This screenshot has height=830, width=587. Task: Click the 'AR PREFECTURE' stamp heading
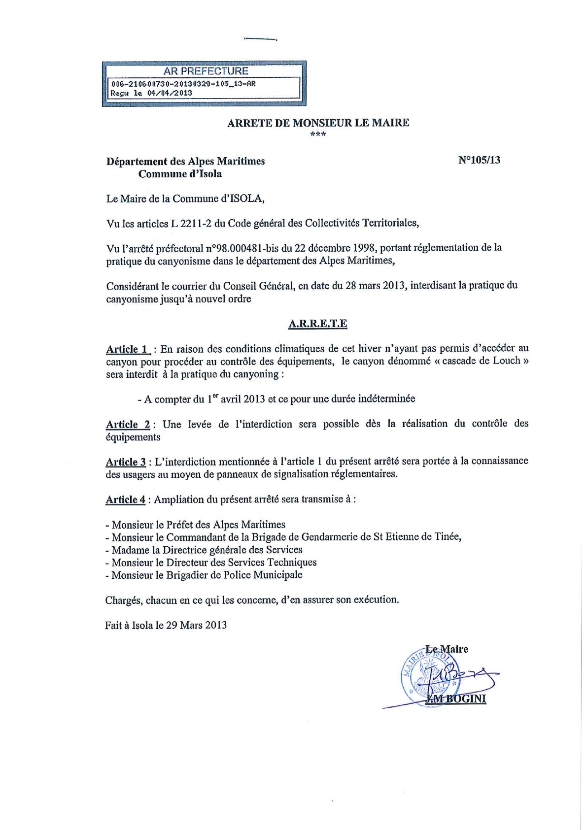pos(206,71)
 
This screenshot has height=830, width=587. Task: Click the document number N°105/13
pos(479,160)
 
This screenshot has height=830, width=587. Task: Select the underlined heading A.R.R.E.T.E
pos(317,324)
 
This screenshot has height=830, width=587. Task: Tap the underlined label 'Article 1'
pos(127,349)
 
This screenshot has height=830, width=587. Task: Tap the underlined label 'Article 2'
pos(128,424)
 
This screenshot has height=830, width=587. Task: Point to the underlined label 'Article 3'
pos(125,462)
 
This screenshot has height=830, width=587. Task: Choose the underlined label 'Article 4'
pos(125,499)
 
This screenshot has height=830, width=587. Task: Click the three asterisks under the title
pos(318,134)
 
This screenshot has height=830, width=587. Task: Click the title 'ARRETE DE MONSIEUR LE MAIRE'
pos(318,123)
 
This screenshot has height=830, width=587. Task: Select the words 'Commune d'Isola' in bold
pos(180,174)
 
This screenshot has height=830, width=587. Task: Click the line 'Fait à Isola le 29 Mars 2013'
pos(166,625)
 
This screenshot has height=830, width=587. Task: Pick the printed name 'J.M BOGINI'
pos(455,699)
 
